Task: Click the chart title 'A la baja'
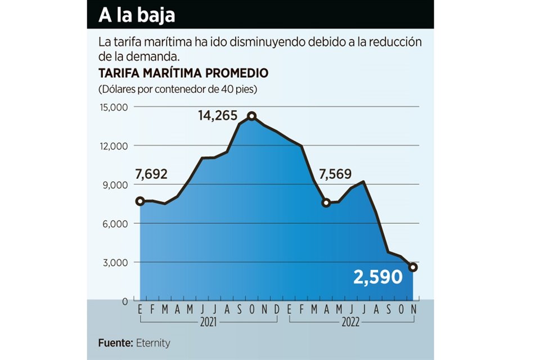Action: (137, 15)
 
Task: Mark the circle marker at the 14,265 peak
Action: (252, 116)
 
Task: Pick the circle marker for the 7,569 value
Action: (326, 202)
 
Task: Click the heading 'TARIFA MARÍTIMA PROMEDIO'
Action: (183, 74)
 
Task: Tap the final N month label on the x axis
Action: (413, 310)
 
